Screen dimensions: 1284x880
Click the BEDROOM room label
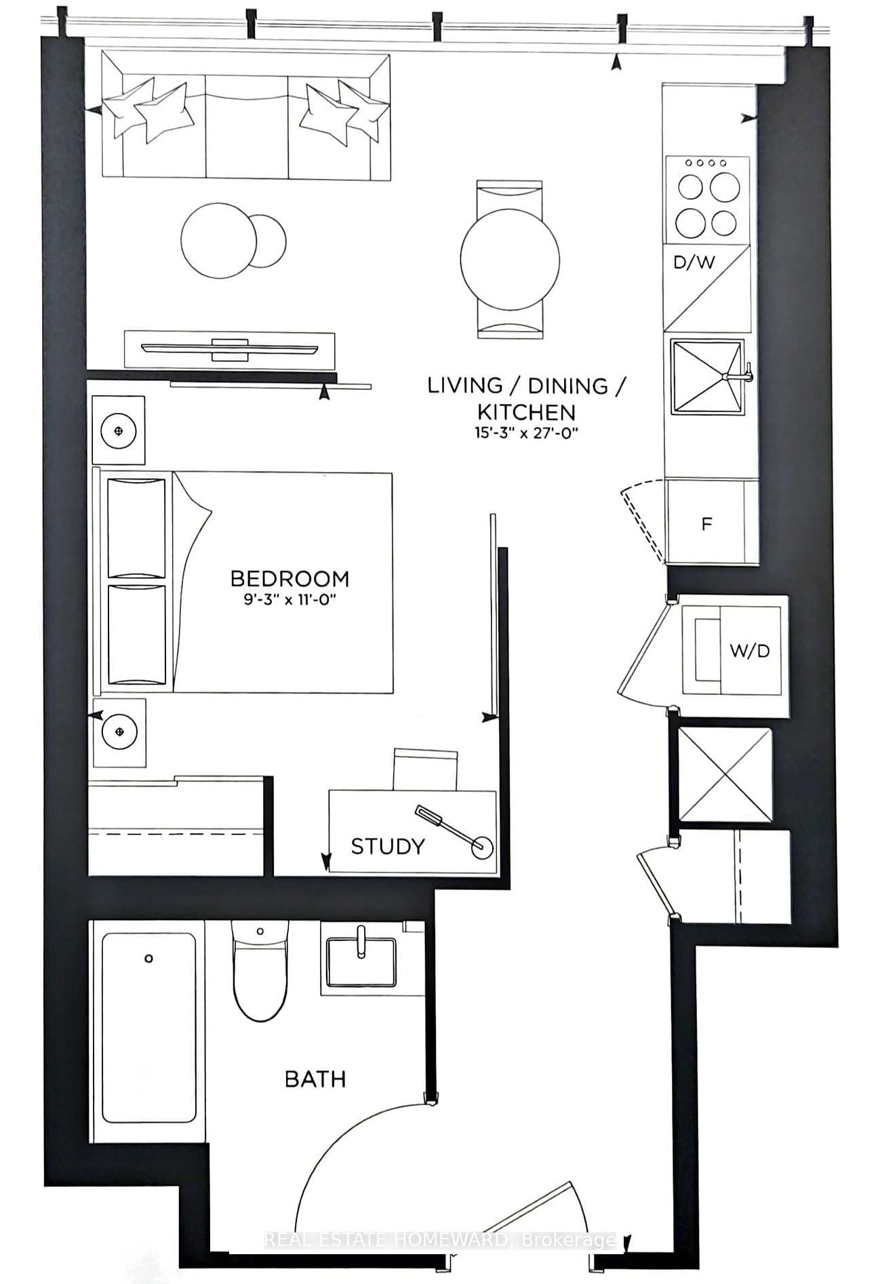[289, 578]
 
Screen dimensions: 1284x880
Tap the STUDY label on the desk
[387, 846]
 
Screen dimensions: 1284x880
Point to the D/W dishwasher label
[694, 262]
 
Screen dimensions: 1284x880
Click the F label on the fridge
[706, 524]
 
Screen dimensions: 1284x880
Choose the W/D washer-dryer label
[749, 651]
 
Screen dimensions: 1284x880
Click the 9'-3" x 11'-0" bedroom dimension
[289, 600]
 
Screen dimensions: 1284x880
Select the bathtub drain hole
[148, 959]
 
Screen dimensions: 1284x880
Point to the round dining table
[510, 259]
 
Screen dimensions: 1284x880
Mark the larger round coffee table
[218, 240]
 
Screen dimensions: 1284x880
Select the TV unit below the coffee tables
[229, 350]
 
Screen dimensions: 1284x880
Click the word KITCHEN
[526, 412]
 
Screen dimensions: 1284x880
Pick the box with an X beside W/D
[725, 775]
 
